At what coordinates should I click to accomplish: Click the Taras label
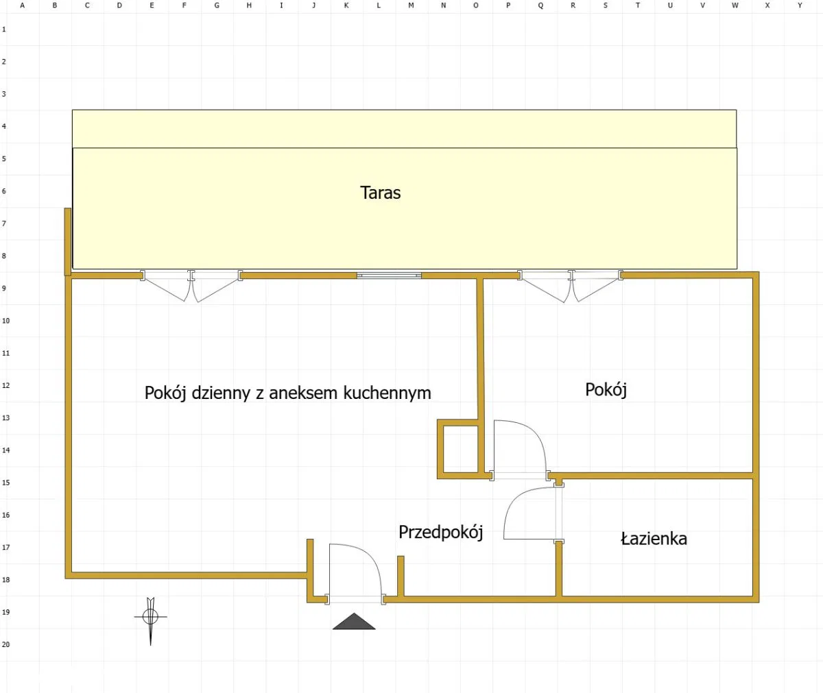(x=381, y=193)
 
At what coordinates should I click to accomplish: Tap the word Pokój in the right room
(x=606, y=389)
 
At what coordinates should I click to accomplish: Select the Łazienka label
(x=654, y=539)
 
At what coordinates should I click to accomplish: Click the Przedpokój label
(x=441, y=532)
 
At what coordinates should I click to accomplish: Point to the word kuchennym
(x=387, y=393)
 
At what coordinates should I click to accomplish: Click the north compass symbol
(x=151, y=621)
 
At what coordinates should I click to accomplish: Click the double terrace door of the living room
(x=191, y=286)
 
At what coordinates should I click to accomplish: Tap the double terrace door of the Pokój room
(x=571, y=286)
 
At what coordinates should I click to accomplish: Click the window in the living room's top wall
(x=389, y=276)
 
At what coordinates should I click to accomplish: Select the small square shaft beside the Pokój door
(x=460, y=449)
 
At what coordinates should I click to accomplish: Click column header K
(x=346, y=5)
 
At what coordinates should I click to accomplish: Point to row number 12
(x=5, y=385)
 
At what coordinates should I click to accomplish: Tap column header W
(x=735, y=5)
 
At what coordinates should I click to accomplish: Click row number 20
(x=5, y=644)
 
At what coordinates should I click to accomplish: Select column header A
(x=22, y=5)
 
